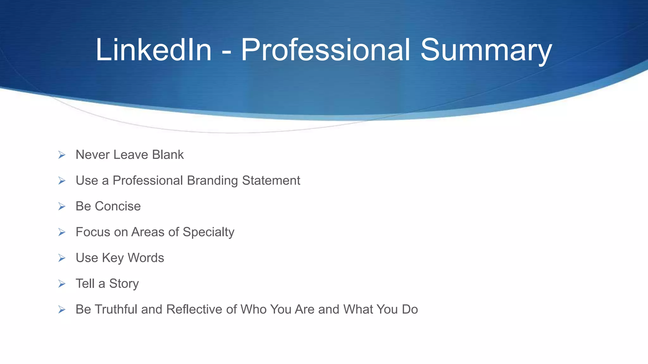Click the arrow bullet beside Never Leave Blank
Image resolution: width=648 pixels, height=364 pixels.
click(62, 155)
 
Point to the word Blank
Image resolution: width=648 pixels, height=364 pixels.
click(168, 155)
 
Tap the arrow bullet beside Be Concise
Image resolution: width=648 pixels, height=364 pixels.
click(62, 206)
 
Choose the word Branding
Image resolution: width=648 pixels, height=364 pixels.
click(212, 181)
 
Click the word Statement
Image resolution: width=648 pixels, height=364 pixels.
click(271, 180)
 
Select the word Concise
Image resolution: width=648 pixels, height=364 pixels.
click(118, 206)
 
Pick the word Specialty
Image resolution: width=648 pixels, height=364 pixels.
click(209, 232)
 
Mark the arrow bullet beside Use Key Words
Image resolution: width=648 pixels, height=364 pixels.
click(62, 258)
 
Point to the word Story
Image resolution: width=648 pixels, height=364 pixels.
click(124, 284)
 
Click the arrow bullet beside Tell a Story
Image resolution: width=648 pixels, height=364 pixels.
click(62, 284)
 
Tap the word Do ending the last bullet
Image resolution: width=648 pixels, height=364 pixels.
click(410, 309)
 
